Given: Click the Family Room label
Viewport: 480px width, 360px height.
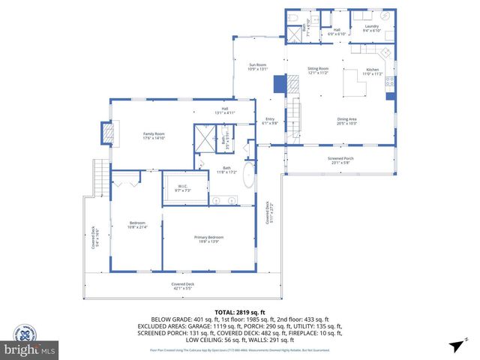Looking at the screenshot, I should [153, 136].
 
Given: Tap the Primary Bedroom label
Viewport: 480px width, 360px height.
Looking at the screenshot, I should [211, 238].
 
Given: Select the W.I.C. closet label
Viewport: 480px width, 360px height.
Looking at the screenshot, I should [182, 187].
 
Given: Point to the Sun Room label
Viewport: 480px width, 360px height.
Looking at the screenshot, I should [257, 67].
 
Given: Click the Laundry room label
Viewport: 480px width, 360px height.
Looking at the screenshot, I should [372, 28].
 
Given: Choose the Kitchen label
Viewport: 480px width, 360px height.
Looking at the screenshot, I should [373, 72].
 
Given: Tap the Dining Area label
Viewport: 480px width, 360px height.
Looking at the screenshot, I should [346, 120].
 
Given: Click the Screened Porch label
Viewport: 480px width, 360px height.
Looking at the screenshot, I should [340, 159].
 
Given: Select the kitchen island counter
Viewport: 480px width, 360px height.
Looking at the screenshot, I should [353, 83].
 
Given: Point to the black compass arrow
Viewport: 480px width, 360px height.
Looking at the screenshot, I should [454, 345].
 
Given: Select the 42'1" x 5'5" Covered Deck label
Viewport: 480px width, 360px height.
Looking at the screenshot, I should [182, 286].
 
